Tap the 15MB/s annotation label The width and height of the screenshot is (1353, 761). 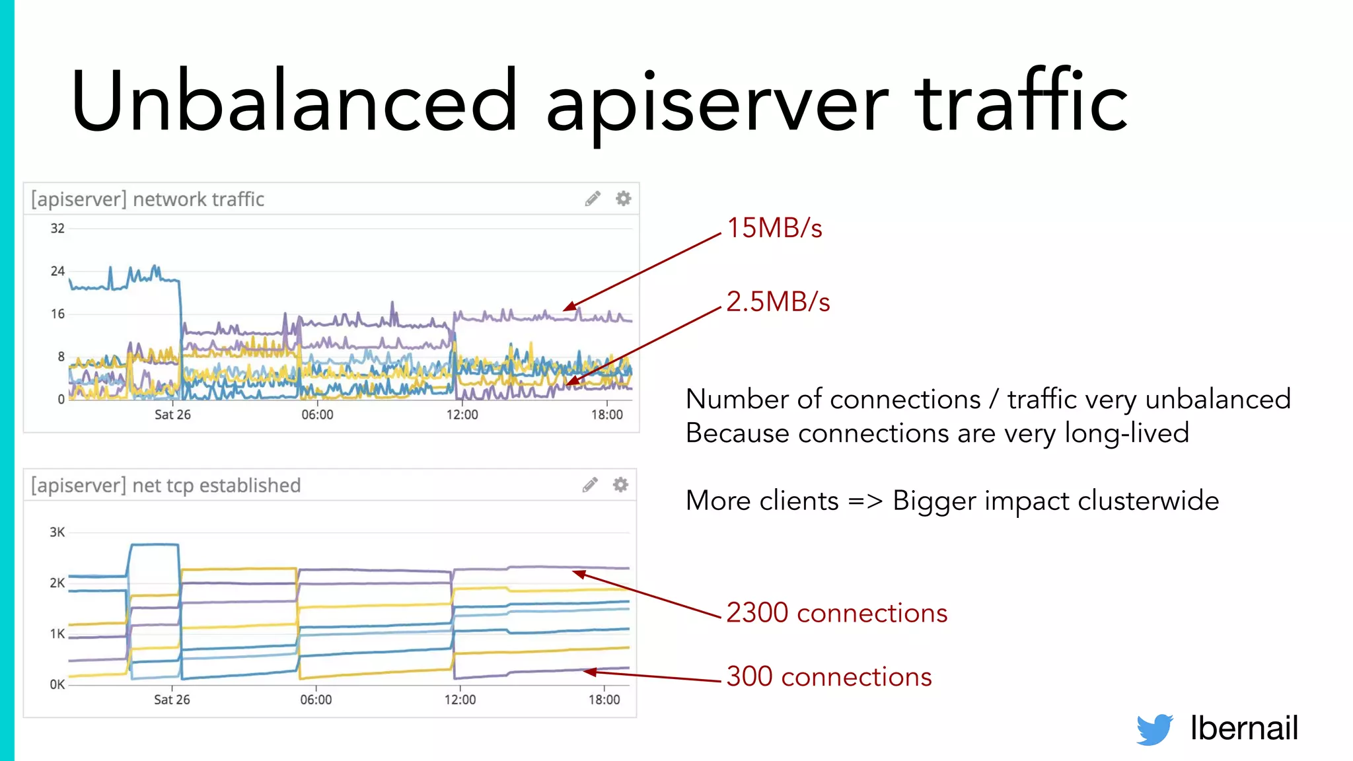click(774, 228)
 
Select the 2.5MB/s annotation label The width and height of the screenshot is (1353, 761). click(778, 302)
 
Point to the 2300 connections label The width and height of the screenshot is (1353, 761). click(836, 613)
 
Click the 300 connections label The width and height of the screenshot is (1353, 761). click(828, 677)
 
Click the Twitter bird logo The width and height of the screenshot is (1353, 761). click(1154, 729)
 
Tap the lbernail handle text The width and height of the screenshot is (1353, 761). click(1244, 729)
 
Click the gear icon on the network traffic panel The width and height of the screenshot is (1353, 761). click(623, 198)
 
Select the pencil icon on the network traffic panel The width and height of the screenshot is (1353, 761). click(593, 198)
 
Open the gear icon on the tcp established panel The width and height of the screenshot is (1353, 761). click(620, 485)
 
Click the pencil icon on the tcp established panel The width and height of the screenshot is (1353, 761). click(590, 485)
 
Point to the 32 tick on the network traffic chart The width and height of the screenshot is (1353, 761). click(57, 229)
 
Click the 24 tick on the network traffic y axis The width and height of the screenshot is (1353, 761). click(57, 271)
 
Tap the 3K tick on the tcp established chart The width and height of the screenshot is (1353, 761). click(57, 532)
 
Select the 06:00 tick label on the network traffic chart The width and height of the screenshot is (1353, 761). click(317, 415)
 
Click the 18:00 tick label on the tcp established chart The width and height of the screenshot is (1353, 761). click(604, 700)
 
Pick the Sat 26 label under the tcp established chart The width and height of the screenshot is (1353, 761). click(172, 700)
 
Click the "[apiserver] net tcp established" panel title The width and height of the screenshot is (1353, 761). click(166, 486)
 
